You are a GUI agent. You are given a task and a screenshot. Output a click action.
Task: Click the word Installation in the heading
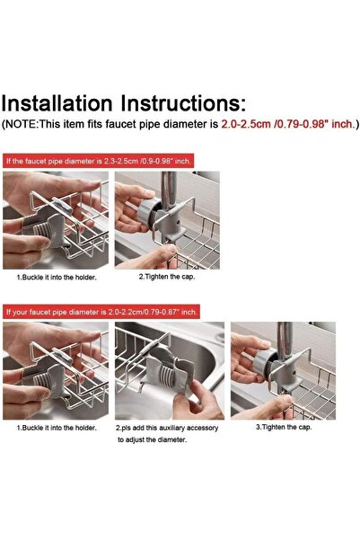click(x=57, y=103)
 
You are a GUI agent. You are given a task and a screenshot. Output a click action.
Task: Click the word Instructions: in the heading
click(x=183, y=103)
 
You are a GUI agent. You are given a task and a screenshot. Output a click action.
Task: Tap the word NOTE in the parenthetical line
click(x=21, y=124)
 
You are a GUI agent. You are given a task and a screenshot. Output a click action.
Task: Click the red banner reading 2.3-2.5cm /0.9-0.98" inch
click(x=98, y=161)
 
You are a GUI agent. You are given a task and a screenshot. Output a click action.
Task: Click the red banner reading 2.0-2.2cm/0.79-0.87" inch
click(x=101, y=312)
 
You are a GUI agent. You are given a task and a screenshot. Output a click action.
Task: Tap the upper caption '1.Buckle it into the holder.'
click(x=57, y=278)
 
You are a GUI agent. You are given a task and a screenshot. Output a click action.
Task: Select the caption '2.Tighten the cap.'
click(x=167, y=277)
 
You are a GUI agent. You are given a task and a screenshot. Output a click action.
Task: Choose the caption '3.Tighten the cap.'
click(x=284, y=427)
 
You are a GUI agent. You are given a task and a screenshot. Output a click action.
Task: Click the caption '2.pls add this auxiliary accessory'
click(x=167, y=428)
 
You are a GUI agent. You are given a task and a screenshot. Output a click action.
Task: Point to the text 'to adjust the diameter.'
click(x=152, y=439)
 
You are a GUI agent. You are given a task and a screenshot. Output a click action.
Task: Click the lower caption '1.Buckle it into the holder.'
click(x=57, y=428)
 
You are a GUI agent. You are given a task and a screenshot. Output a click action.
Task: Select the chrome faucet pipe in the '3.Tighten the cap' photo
click(x=285, y=341)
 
